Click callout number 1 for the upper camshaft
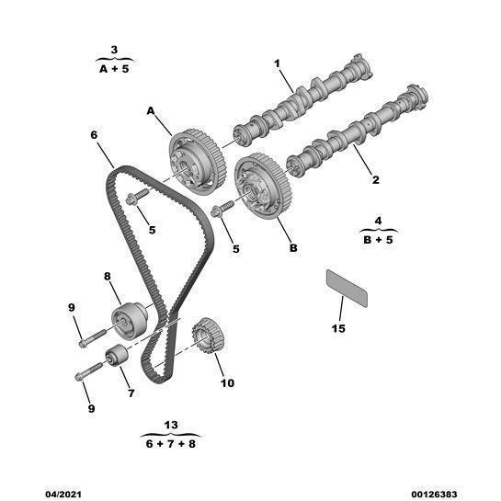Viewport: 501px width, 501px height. [277, 63]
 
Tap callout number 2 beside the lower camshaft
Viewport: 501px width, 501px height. [376, 179]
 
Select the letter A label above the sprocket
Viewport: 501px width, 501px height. [151, 111]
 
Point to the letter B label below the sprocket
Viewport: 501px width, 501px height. [293, 247]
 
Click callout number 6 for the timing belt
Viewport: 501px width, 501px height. [94, 135]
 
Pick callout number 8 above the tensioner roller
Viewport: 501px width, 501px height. [108, 276]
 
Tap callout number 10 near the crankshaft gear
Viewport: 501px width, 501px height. [227, 382]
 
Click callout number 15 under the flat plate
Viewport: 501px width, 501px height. [338, 328]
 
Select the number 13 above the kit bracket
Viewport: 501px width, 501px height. [171, 425]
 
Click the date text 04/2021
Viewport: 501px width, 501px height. [63, 495]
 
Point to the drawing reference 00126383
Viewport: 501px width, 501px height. [434, 495]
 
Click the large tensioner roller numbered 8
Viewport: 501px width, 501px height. [130, 320]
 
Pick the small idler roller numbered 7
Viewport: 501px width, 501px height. [117, 356]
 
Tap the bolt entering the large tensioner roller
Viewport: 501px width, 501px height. [92, 338]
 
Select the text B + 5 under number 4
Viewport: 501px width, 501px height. [378, 240]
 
